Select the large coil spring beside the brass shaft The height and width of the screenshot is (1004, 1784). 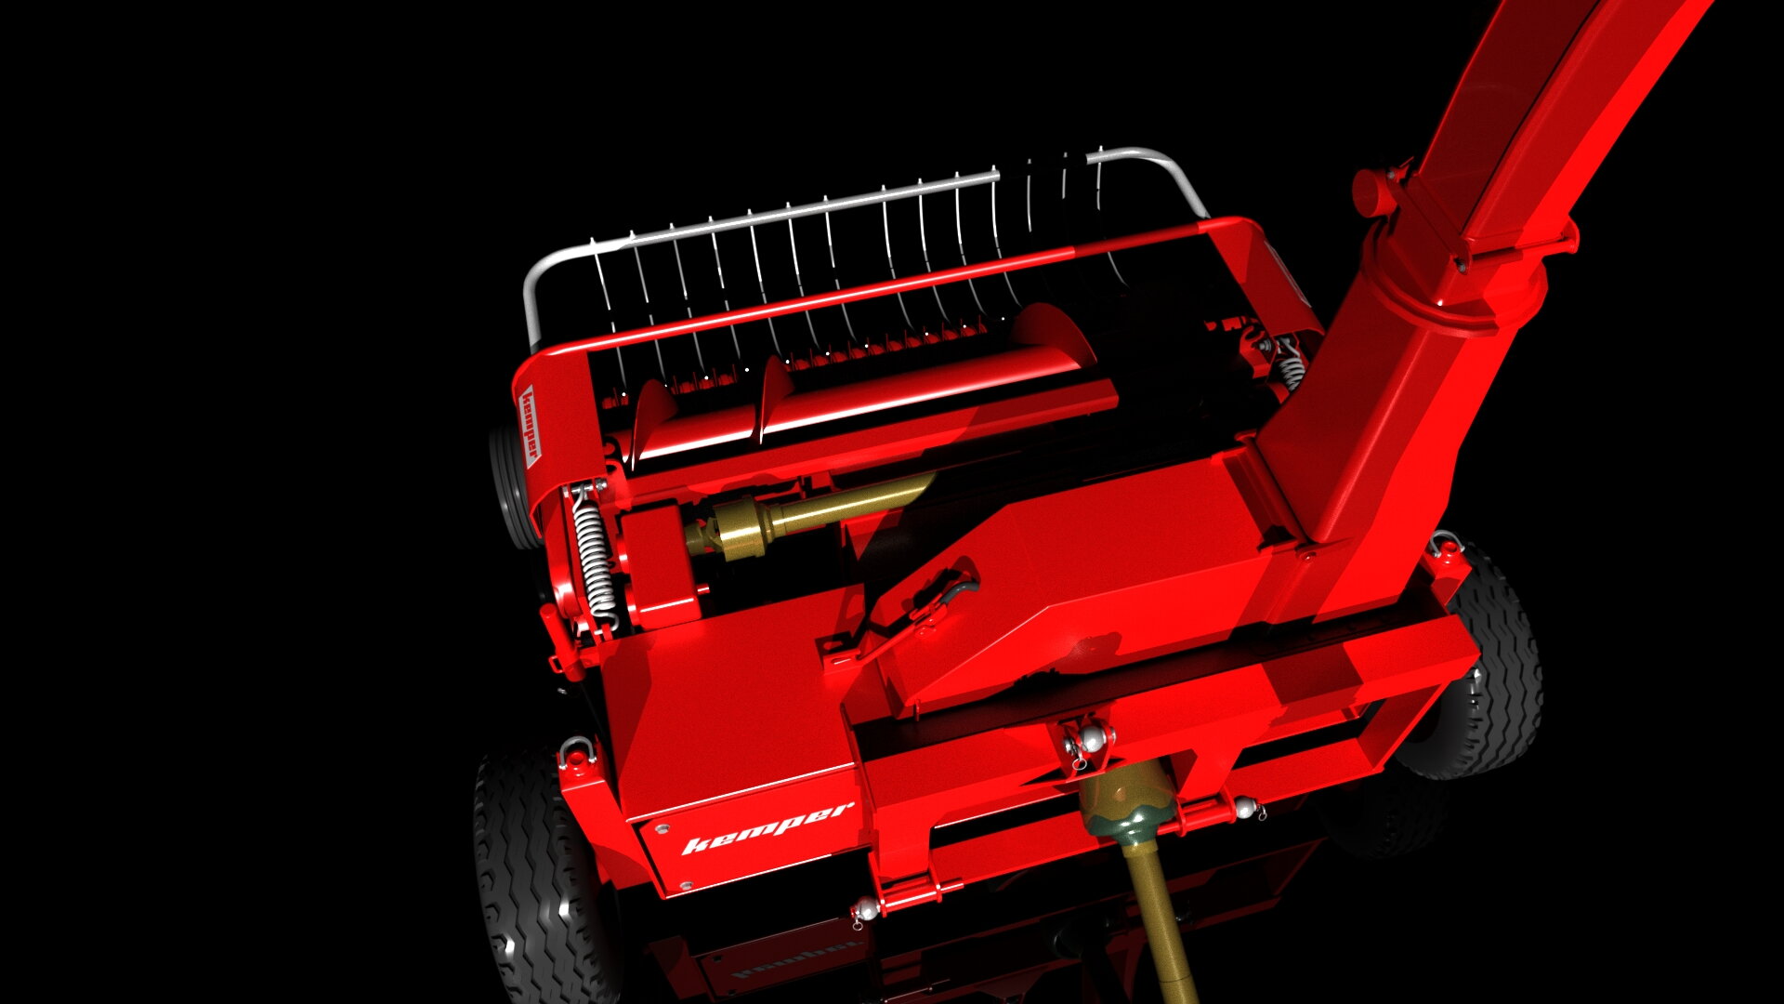(x=593, y=554)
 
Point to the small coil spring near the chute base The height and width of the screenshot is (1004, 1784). (x=1289, y=366)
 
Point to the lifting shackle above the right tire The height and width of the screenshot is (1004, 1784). (x=1445, y=542)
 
